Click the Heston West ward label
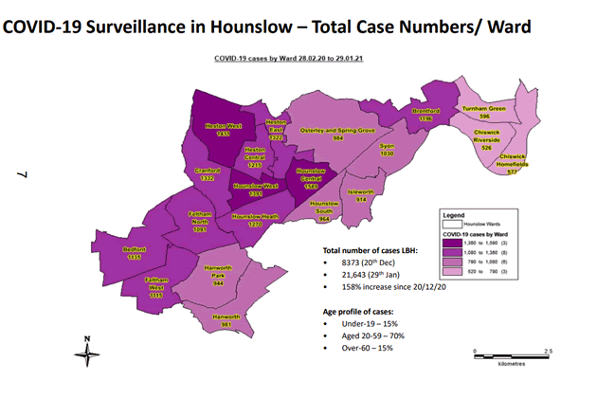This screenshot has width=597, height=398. (224, 130)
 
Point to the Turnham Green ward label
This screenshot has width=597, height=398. (494, 113)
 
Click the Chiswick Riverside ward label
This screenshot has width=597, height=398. (487, 144)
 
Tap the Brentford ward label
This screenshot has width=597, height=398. (428, 115)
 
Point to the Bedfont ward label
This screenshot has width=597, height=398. (134, 253)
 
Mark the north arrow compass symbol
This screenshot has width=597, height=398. (87, 350)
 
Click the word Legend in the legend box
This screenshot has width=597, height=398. (456, 215)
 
